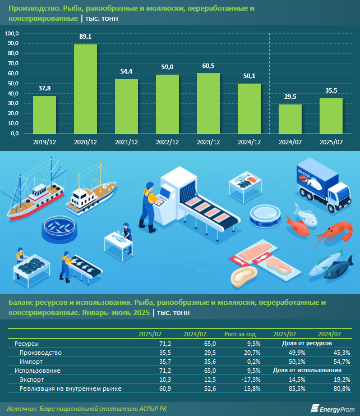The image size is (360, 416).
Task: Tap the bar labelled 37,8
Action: pyautogui.click(x=44, y=115)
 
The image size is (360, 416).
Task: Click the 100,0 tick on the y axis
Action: pyautogui.click(x=12, y=34)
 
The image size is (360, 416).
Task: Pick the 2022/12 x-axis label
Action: pyautogui.click(x=167, y=143)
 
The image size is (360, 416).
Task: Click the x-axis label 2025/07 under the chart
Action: pyautogui.click(x=331, y=143)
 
